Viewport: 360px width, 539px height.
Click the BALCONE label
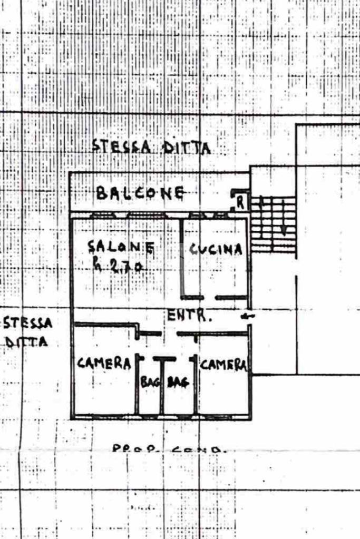140,193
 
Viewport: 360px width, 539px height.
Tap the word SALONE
121,247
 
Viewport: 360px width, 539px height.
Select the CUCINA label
216,249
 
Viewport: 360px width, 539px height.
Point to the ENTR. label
190,316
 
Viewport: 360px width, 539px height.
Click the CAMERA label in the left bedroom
104,363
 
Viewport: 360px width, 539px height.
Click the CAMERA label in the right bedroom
223,365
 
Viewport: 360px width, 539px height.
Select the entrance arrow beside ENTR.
246,316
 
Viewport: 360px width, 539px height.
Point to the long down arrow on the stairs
283,217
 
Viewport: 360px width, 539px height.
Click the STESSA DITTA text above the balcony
151,146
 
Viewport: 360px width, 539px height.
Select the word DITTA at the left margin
27,342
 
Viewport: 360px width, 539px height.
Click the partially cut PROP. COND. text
169,449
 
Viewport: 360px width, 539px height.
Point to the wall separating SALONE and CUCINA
181,258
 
